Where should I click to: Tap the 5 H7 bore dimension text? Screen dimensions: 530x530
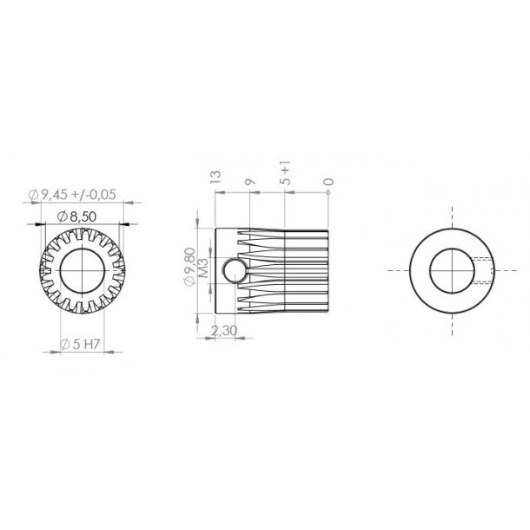click(88, 345)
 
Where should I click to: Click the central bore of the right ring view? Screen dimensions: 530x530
click(453, 271)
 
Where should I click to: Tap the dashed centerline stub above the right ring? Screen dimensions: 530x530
click(453, 217)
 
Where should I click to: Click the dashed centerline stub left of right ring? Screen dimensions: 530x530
click(398, 271)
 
